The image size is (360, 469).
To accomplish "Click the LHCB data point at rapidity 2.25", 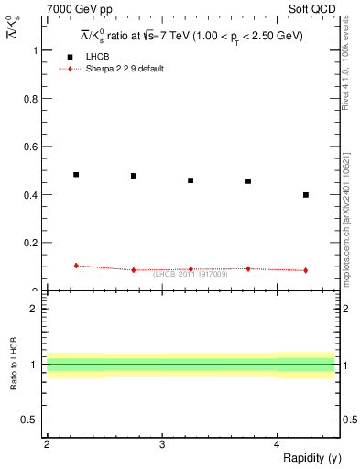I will coord(76,174).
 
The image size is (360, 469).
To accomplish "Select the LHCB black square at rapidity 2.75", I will coord(134,176).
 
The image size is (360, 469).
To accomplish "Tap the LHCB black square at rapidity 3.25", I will coord(191,180).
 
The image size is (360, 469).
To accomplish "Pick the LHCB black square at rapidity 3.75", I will coord(248,181).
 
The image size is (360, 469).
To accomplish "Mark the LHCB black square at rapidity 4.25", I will coord(306,195).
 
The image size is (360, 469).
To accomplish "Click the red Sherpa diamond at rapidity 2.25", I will coord(76,266).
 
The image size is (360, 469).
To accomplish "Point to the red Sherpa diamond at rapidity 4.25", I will coord(306,270).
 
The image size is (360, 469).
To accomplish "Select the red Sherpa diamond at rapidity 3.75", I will coord(248,268).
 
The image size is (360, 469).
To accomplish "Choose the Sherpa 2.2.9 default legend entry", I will coord(124,69).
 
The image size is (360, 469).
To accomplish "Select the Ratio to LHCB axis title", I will coord(14,365).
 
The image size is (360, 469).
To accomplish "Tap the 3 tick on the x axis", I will coord(162,444).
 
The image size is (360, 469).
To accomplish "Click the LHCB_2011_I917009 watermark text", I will coord(191,273).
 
